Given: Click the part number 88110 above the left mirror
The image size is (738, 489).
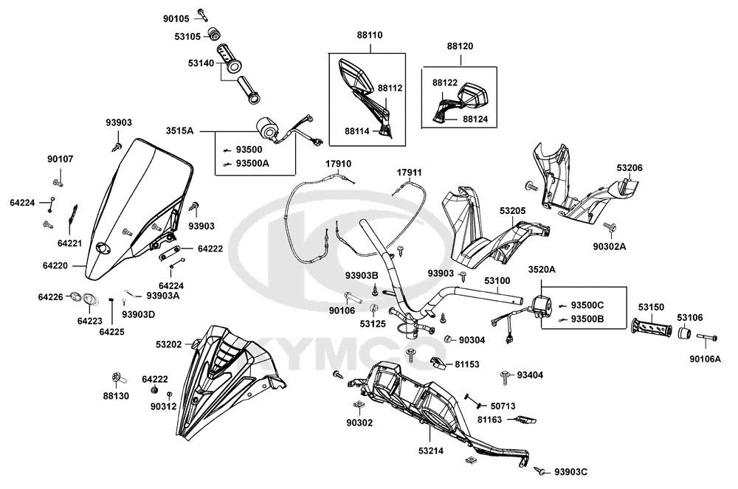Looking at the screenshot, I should [x=369, y=35].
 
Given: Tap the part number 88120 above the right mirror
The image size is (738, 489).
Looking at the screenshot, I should [x=460, y=46].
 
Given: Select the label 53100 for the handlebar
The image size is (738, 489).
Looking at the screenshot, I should [x=497, y=281].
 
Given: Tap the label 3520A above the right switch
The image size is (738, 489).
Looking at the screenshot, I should [x=542, y=271].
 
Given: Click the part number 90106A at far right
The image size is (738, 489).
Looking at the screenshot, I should [x=705, y=359].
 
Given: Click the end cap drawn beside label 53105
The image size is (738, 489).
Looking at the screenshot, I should [x=215, y=33].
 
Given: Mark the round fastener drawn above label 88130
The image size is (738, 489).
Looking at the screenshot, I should [x=117, y=378].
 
